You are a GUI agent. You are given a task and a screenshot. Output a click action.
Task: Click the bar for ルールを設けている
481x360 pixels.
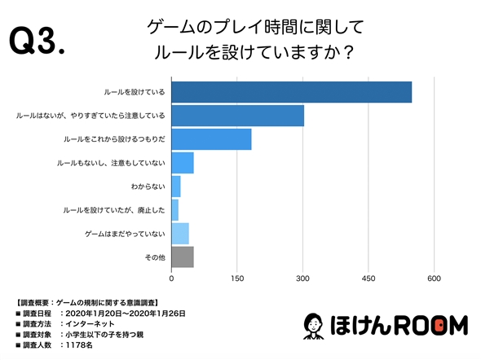[x=291, y=92]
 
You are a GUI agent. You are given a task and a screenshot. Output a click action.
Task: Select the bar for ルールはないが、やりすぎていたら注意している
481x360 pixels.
[x=237, y=116]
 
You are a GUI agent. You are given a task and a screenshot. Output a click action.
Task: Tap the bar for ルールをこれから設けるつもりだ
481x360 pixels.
[x=211, y=139]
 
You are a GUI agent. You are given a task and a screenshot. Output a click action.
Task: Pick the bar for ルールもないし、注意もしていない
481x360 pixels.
[x=183, y=163]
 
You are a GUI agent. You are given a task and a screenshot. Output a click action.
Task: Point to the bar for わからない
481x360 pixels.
[x=176, y=187]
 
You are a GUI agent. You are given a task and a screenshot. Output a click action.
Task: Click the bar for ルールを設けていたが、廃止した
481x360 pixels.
[x=174, y=210]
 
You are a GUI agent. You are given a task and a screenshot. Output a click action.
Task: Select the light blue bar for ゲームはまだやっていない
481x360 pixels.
[x=180, y=234]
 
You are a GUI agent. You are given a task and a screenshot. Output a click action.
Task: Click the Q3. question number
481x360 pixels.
[x=36, y=41]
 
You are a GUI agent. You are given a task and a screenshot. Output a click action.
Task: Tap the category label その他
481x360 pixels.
[x=156, y=257]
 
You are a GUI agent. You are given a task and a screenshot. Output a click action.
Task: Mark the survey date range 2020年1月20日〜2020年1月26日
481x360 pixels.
[x=130, y=312]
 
